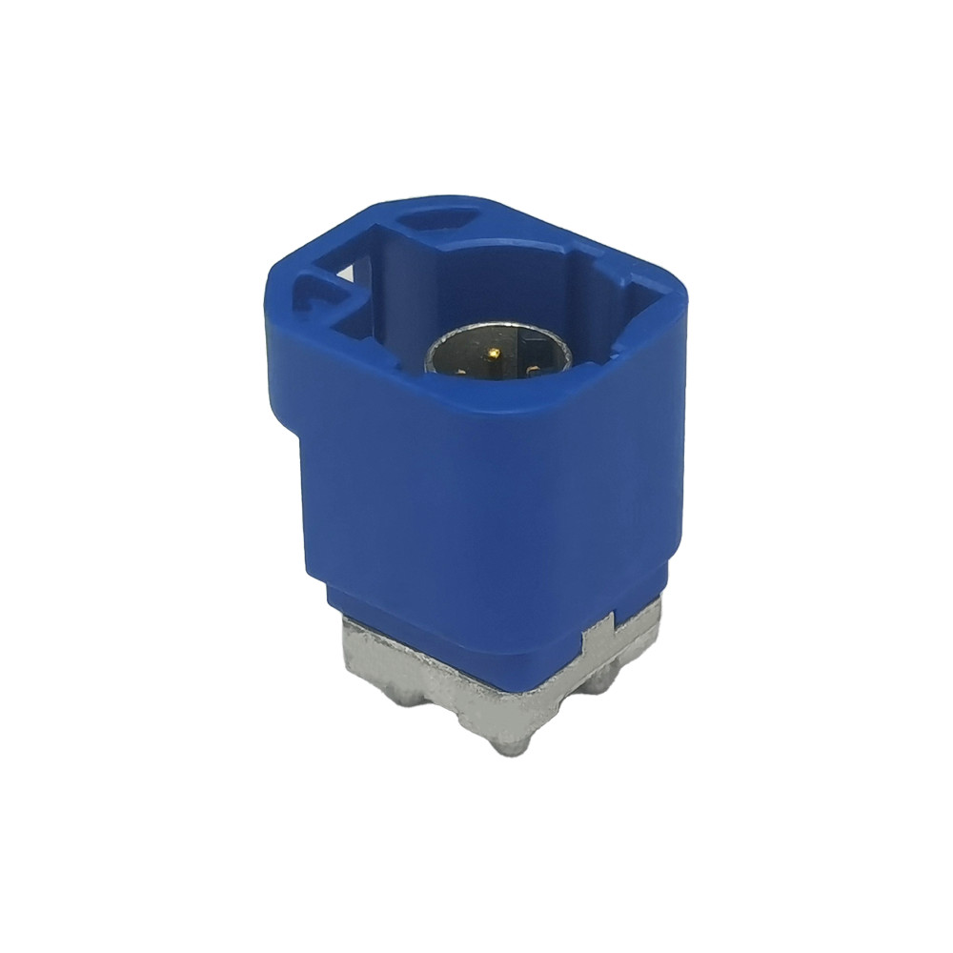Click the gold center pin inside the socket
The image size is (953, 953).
point(493,353)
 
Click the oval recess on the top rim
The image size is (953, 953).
point(440,218)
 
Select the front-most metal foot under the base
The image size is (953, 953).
point(512,744)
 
